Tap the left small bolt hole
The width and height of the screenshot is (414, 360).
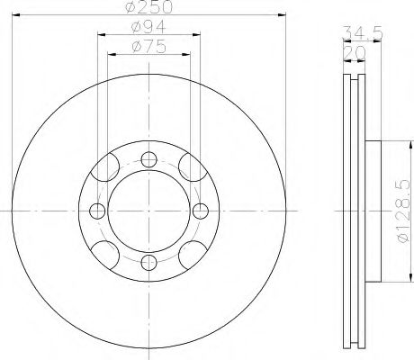(96, 211)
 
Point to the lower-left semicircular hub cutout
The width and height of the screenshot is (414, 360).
(109, 252)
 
